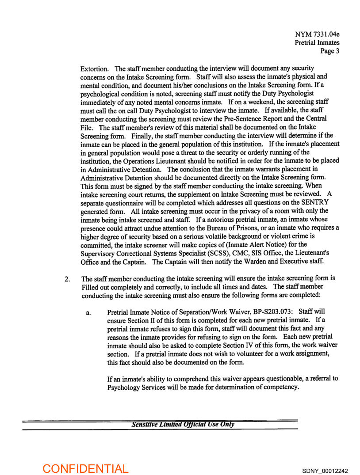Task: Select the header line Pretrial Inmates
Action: point(317,42)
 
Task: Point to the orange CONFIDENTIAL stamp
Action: point(85,468)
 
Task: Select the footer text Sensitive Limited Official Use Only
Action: point(183,424)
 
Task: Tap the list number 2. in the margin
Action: point(67,279)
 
